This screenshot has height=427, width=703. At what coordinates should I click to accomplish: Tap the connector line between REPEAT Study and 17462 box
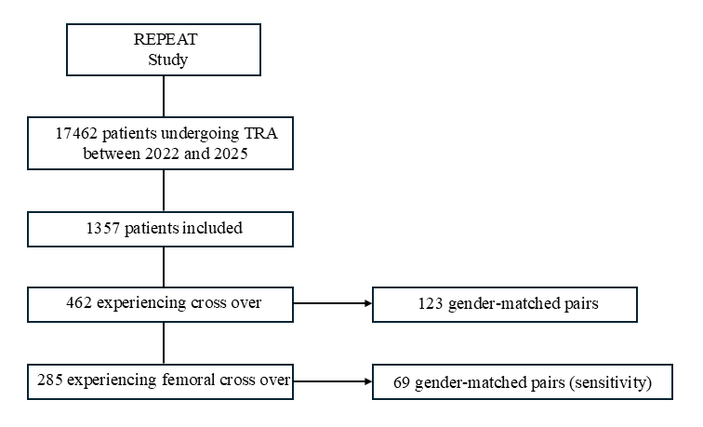pos(164,97)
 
